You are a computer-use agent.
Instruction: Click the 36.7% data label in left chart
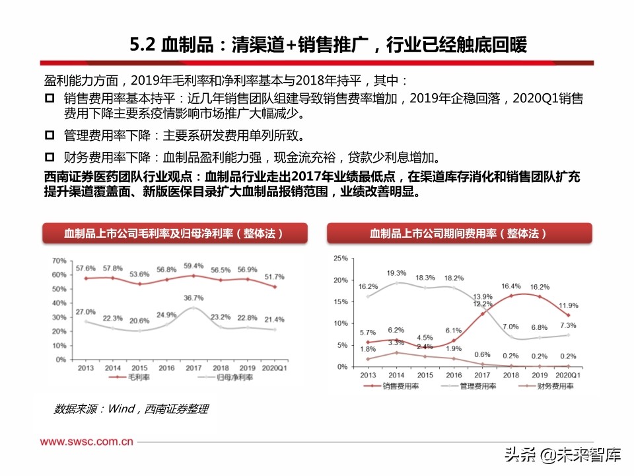point(193,298)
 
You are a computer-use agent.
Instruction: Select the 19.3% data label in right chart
point(396,272)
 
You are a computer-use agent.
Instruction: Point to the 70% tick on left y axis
point(58,260)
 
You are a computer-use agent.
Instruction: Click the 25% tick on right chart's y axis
point(340,258)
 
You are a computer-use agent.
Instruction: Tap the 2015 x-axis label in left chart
point(139,368)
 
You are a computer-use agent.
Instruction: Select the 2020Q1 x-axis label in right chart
point(568,375)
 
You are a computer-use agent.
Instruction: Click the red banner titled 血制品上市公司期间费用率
point(459,234)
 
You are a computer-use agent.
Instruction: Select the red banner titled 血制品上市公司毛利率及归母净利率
point(175,234)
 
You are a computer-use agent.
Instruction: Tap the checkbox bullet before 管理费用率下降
point(50,136)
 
